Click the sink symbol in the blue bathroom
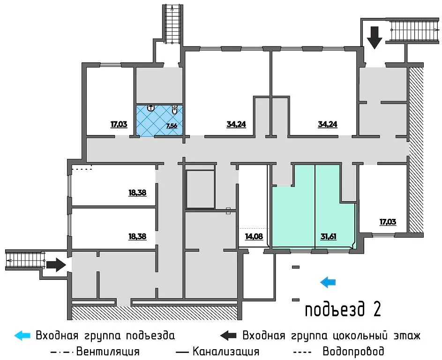[151, 108]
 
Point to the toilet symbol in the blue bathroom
[174, 111]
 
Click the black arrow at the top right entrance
[375, 37]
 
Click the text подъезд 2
[342, 309]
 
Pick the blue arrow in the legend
[22, 335]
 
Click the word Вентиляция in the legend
[108, 351]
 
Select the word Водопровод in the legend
[353, 351]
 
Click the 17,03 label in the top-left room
[119, 125]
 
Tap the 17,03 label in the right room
[387, 222]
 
